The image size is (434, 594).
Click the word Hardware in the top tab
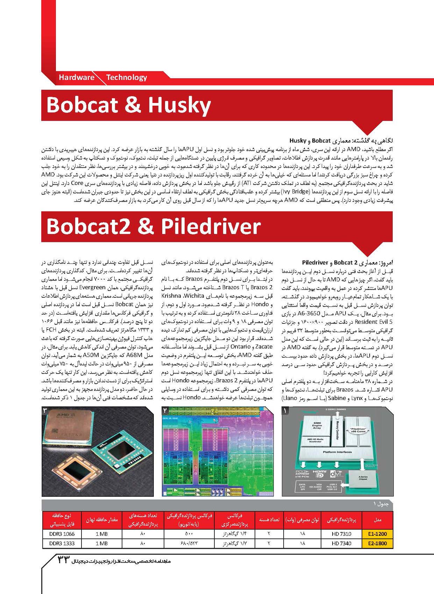tap(76, 77)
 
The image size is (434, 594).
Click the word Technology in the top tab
tap(127, 77)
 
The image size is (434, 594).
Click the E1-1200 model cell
tap(377, 534)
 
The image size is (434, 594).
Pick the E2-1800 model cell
tap(377, 543)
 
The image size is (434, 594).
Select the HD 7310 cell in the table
tap(341, 534)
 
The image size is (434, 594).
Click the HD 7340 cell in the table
tap(341, 543)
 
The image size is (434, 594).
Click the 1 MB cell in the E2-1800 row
tap(101, 543)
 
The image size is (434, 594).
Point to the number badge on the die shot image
tap(165, 410)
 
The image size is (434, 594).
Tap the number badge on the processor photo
tap(45, 410)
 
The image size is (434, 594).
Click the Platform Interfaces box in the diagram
tap(337, 452)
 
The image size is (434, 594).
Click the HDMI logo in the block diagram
tap(319, 474)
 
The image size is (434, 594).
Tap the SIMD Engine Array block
tap(317, 426)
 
